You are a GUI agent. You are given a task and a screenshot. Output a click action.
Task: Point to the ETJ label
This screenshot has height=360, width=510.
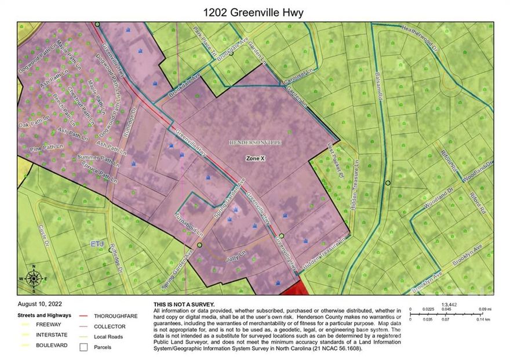tap(97, 244)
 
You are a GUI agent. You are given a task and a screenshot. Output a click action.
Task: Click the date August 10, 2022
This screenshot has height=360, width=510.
tap(39, 304)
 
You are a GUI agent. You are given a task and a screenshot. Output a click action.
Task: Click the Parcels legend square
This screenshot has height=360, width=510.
tap(85, 347)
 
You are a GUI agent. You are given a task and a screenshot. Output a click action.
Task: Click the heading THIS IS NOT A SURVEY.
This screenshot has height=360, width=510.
tap(184, 304)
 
